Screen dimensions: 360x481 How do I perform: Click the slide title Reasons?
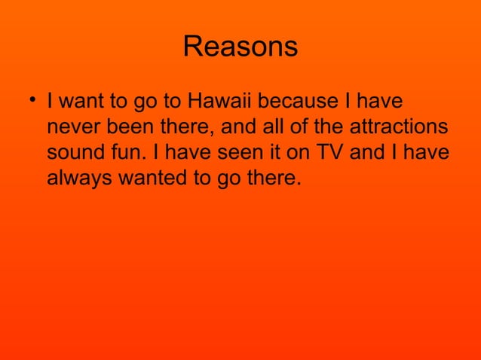pos(240,47)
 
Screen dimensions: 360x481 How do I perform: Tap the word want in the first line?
pos(82,101)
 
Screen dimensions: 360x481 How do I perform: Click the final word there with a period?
pos(271,179)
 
